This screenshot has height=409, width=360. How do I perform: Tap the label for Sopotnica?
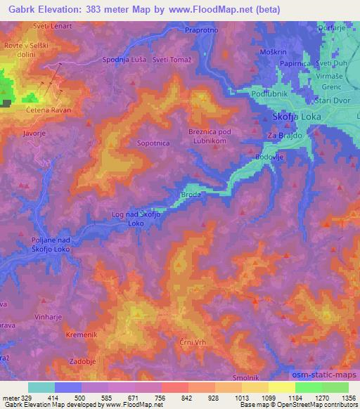pos(153,143)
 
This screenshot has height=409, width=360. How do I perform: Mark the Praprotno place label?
pos(202,31)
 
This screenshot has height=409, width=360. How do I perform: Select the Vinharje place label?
pos(49,318)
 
